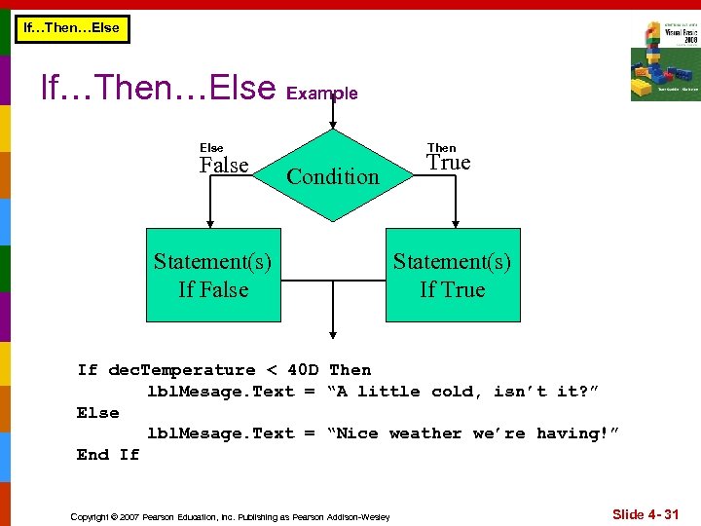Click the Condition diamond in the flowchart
(333, 176)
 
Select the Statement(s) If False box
(213, 275)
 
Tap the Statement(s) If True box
(453, 275)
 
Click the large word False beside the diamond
(224, 166)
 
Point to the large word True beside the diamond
(449, 163)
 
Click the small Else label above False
(211, 148)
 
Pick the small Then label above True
(441, 148)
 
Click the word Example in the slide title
(322, 94)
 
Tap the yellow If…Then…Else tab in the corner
(71, 27)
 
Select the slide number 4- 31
(646, 513)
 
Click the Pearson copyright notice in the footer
(230, 516)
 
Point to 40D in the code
(304, 370)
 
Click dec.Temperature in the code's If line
(182, 370)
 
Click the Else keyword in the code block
(97, 413)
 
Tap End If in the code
(108, 455)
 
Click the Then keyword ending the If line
(350, 370)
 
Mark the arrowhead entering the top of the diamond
(333, 125)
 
